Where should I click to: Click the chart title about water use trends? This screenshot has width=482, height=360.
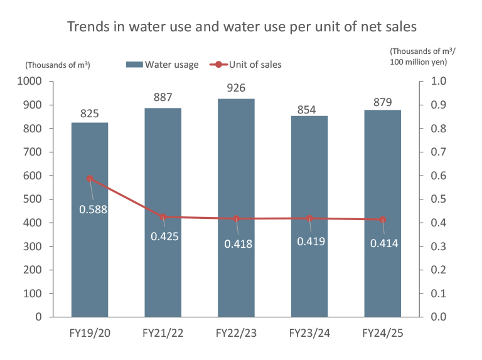[x=242, y=27]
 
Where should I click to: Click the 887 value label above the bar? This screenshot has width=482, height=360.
[x=163, y=97]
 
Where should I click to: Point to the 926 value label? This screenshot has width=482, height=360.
[x=237, y=88]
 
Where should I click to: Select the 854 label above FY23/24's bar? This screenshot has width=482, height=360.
[x=309, y=105]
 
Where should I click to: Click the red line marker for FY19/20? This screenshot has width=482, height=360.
[x=90, y=179]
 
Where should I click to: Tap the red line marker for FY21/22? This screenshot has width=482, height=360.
[x=163, y=217]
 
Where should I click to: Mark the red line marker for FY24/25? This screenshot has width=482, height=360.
[x=383, y=220]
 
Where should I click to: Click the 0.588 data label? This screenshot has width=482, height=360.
[x=93, y=209]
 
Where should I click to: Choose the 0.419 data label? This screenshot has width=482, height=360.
[x=311, y=241]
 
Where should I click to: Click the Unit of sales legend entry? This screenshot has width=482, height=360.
[x=247, y=65]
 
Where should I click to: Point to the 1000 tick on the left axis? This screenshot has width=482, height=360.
[x=29, y=82]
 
